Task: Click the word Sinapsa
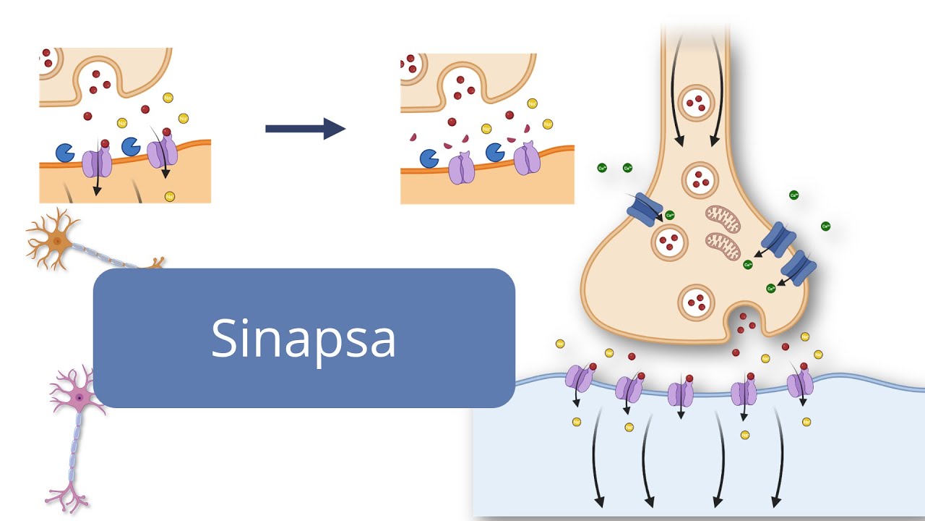pos(304,338)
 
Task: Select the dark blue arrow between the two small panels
pos(305,129)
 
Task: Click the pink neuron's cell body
pos(77,397)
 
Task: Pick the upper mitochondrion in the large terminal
pos(723,219)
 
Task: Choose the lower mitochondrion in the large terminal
pos(723,247)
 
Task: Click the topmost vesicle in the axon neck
pos(697,102)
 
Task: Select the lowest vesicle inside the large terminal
pos(697,302)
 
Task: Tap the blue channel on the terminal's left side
pos(643,208)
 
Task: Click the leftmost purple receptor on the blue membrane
pos(577,378)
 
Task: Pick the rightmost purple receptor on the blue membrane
pos(800,384)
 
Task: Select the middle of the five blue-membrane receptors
pos(681,394)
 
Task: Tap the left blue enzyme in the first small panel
pos(64,153)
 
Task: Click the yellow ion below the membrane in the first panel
pos(169,196)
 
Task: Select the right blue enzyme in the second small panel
pos(495,152)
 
